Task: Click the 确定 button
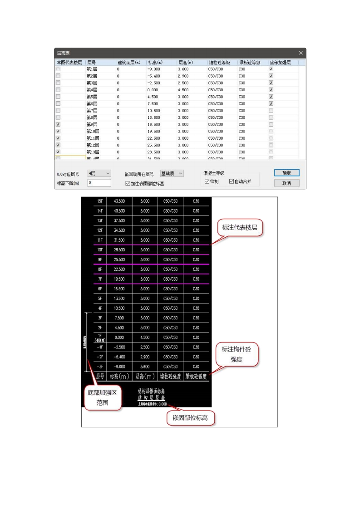(286, 173)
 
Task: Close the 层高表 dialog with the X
(301, 53)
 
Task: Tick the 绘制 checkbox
(207, 181)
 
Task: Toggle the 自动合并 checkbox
(232, 181)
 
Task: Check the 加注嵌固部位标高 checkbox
(128, 183)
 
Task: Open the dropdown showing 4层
(99, 173)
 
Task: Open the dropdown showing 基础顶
(172, 173)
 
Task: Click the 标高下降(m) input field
(99, 183)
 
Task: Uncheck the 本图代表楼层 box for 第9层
(58, 124)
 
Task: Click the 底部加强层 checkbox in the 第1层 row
(271, 69)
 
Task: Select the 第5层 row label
(92, 97)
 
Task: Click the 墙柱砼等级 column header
(219, 62)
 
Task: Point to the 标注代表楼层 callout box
(239, 227)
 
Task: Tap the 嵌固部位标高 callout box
(190, 417)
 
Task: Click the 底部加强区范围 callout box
(102, 397)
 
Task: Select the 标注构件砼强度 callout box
(237, 354)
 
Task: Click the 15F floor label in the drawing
(100, 201)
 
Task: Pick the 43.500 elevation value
(119, 201)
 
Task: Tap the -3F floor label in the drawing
(100, 367)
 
